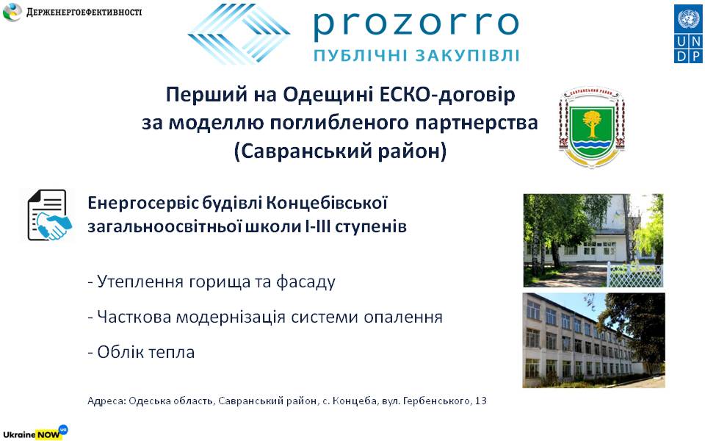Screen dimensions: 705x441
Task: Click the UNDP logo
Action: (x=688, y=34)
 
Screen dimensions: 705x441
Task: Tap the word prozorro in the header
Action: (x=416, y=26)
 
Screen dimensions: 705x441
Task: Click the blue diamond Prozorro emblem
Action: (x=239, y=34)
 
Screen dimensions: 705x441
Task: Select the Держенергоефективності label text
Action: (x=84, y=12)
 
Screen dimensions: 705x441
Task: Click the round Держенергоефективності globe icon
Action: (x=12, y=12)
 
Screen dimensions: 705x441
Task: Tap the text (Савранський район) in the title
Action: (x=340, y=151)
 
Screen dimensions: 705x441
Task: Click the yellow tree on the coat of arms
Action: (x=592, y=123)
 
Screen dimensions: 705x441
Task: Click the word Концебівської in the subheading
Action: (x=327, y=204)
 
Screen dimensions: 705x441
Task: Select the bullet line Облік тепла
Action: (x=141, y=352)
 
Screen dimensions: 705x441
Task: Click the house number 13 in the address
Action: (x=480, y=401)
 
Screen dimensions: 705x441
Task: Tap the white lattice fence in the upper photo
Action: (x=634, y=274)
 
